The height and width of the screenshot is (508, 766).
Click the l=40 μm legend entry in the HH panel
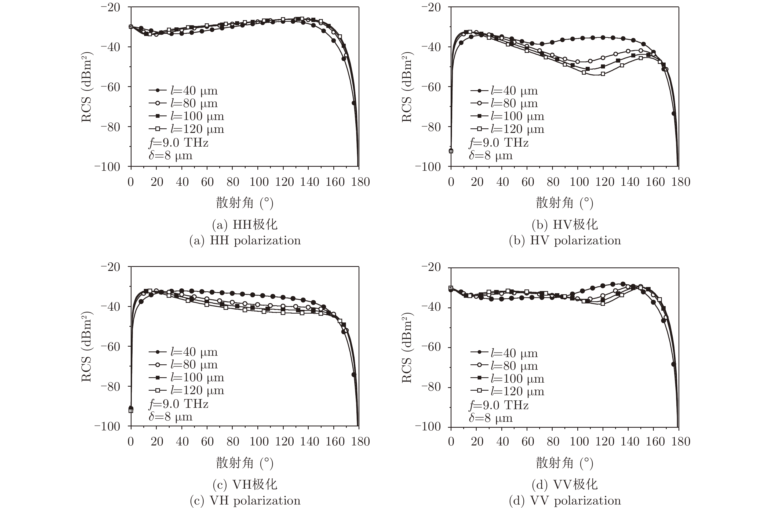pyautogui.click(x=183, y=91)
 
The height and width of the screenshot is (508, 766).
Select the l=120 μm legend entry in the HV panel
pyautogui.click(x=507, y=129)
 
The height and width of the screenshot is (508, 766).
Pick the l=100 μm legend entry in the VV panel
pyautogui.click(x=507, y=378)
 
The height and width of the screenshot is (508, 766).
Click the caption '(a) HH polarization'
pyautogui.click(x=245, y=240)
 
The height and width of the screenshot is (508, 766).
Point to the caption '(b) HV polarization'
pyautogui.click(x=565, y=240)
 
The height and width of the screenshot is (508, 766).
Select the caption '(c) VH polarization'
pyautogui.click(x=245, y=500)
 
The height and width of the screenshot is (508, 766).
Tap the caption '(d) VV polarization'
pyautogui.click(x=565, y=500)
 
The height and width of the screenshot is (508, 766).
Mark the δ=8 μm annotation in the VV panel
pyautogui.click(x=491, y=418)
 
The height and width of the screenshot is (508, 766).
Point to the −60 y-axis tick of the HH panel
pyautogui.click(x=110, y=87)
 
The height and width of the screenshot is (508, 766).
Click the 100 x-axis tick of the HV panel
pyautogui.click(x=579, y=182)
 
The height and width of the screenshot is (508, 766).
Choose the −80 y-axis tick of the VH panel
pyautogui.click(x=110, y=386)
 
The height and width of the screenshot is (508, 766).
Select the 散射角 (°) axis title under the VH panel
pyautogui.click(x=245, y=463)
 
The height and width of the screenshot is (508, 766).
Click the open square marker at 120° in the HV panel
pyautogui.click(x=603, y=74)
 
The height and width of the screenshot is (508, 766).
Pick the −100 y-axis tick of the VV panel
pyautogui.click(x=428, y=426)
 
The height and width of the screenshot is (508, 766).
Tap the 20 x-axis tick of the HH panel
pyautogui.click(x=157, y=182)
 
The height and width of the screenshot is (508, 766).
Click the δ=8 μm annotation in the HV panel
pyautogui.click(x=491, y=155)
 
